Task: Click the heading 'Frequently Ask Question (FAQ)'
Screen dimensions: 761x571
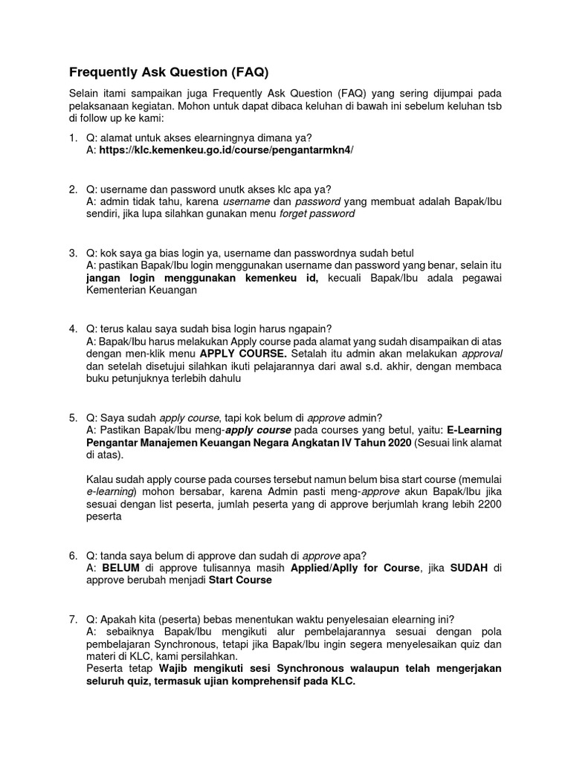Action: click(168, 72)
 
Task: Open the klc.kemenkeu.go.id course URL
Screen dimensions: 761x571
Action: click(227, 150)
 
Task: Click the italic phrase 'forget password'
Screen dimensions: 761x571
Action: click(317, 214)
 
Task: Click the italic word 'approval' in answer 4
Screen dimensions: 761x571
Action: click(482, 354)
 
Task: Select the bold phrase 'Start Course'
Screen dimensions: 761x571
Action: click(240, 581)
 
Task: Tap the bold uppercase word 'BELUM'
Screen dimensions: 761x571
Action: click(120, 569)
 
